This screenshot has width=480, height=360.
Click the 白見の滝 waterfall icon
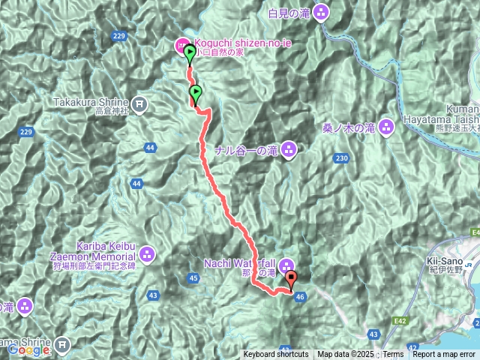point(321,12)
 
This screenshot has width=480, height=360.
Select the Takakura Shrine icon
point(139,102)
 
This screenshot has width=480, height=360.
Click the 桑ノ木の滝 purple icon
point(386,127)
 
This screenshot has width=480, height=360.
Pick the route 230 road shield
point(342,157)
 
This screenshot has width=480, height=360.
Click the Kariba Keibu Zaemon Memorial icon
point(147,255)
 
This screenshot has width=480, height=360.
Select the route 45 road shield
point(194,279)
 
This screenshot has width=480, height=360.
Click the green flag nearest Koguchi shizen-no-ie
point(190,52)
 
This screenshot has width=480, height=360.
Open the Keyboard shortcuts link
point(275,355)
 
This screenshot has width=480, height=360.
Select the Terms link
point(393,355)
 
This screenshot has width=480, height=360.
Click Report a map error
point(444,355)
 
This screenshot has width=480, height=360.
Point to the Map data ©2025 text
point(345,355)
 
